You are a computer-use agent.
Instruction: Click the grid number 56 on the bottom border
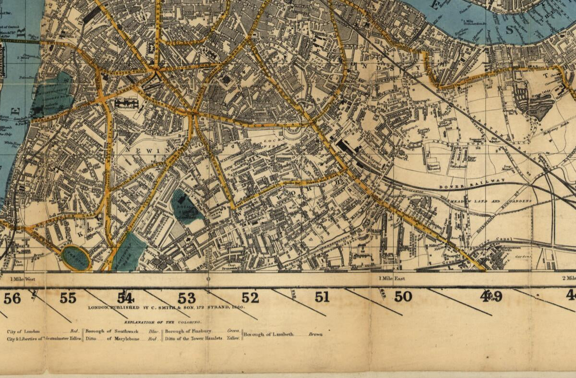(12, 298)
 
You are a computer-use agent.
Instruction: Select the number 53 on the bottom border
(187, 298)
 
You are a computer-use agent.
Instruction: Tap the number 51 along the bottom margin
(322, 297)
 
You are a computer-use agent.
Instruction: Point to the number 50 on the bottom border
(403, 297)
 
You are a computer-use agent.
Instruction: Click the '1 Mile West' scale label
(23, 278)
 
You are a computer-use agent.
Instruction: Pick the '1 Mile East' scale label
(392, 278)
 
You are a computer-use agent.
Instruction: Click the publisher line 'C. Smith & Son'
(166, 307)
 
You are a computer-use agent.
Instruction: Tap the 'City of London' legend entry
(24, 331)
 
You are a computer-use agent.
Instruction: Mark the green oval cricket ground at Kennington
(76, 258)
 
